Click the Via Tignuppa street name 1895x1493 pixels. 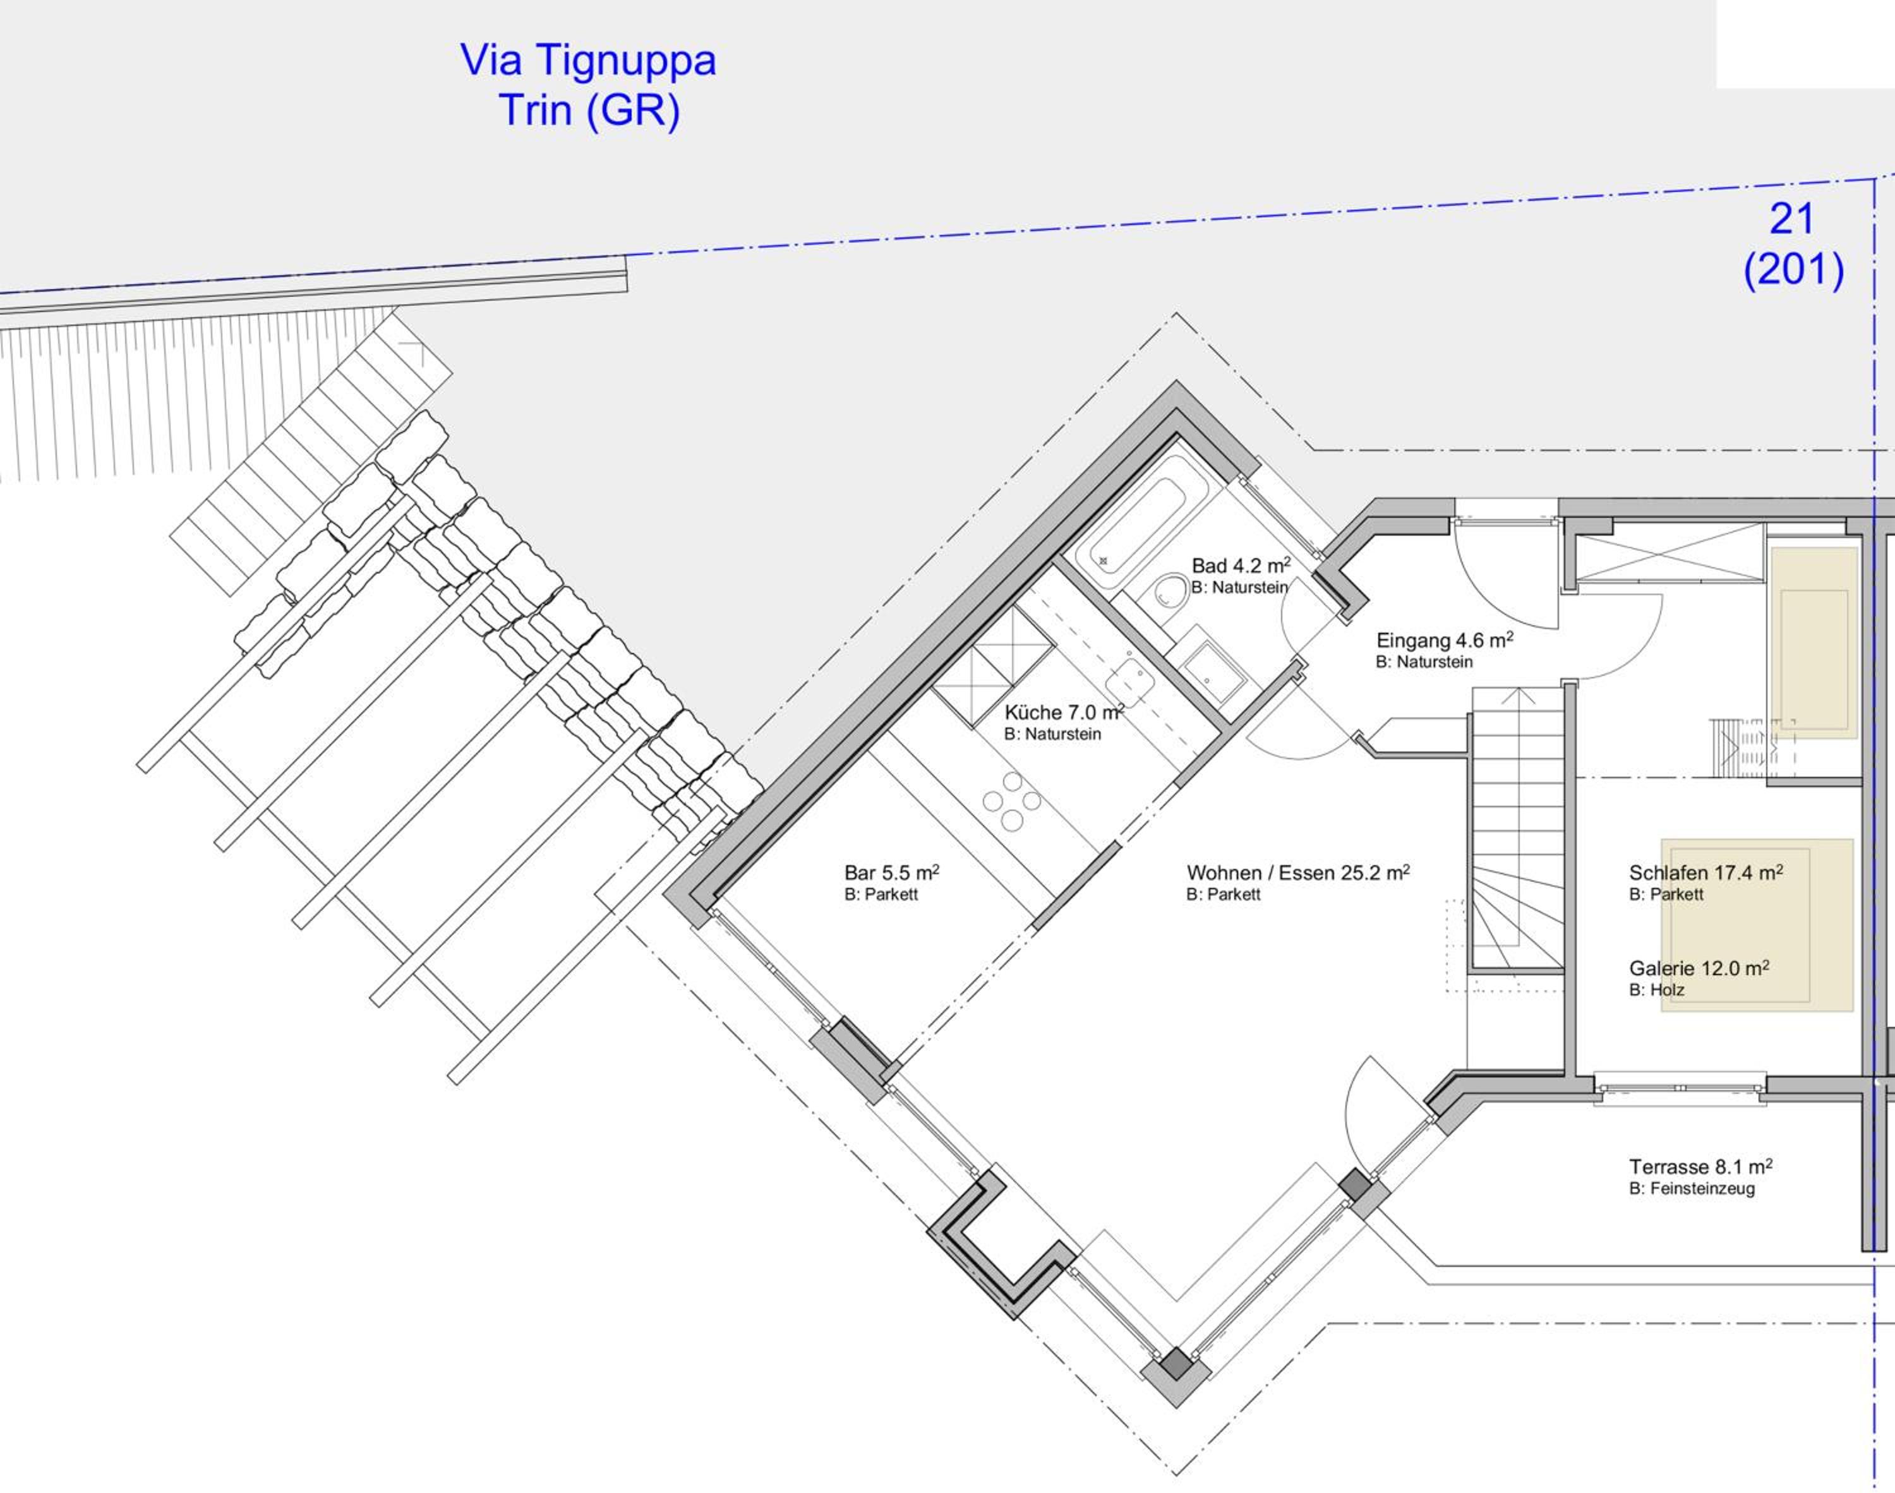(x=587, y=61)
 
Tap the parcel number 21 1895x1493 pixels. (x=1793, y=219)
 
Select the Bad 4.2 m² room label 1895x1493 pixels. (x=1241, y=565)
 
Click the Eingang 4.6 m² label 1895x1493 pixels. (x=1445, y=640)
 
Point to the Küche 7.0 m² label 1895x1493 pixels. (x=1064, y=712)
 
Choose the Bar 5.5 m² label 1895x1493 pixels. (x=891, y=872)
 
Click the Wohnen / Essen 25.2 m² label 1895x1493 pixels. (x=1298, y=872)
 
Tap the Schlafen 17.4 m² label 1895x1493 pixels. (x=1706, y=872)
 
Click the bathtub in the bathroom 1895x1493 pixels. (x=1129, y=524)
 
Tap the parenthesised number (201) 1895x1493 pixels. (x=1793, y=270)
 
